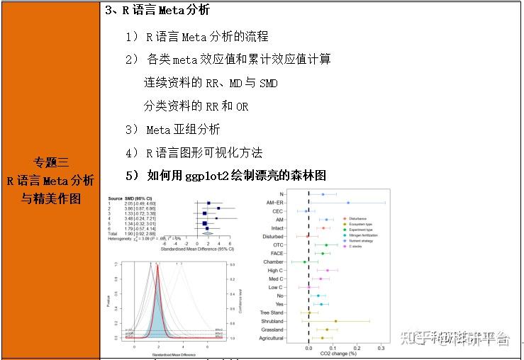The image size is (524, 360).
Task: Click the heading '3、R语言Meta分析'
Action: (157, 11)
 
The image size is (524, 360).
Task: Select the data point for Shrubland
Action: (335, 321)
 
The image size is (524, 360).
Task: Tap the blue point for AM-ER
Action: (347, 203)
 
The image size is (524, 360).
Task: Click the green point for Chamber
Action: (304, 262)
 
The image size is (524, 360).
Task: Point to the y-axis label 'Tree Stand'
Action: (271, 313)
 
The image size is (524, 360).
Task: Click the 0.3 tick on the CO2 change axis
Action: (381, 348)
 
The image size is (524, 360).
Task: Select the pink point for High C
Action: (328, 270)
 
